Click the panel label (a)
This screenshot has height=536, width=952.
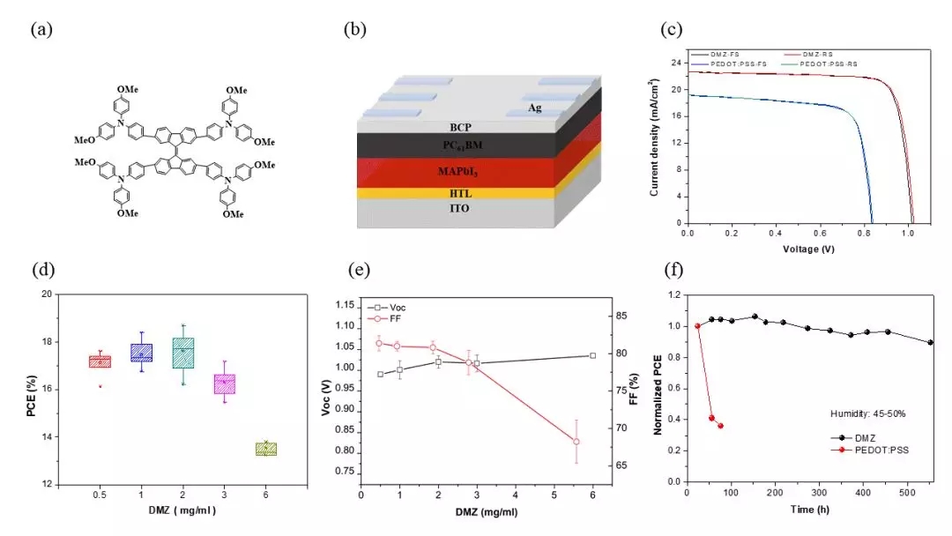click(x=42, y=30)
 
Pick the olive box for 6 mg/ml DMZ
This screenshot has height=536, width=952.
click(x=265, y=449)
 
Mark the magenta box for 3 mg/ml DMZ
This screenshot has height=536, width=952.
click(x=225, y=383)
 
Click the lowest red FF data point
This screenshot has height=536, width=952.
click(x=576, y=441)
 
